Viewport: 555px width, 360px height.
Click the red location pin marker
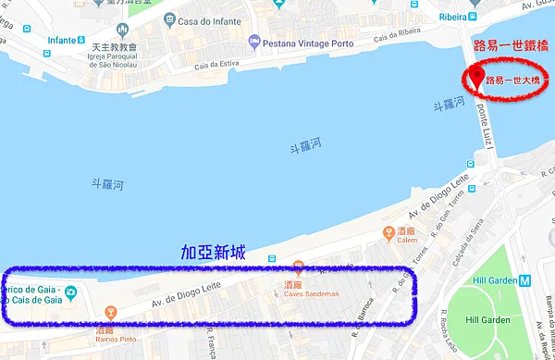pos(477,79)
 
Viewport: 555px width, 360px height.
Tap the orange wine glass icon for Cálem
pos(391,231)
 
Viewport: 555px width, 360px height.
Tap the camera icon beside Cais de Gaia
pos(72,293)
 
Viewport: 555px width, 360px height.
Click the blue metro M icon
pos(524,279)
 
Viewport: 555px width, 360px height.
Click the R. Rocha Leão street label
pos(448,329)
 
